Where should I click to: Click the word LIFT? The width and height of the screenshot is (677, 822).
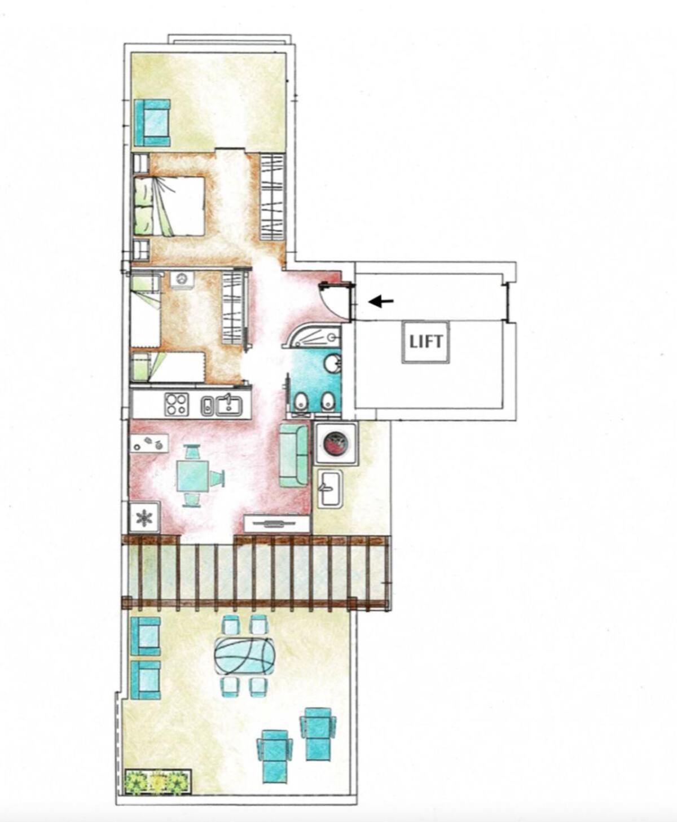[x=426, y=341]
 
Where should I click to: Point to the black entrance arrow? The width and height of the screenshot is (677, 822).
[x=381, y=302]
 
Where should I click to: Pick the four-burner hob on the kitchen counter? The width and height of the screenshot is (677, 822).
[x=177, y=404]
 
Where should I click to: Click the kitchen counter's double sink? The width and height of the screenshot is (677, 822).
[x=222, y=405]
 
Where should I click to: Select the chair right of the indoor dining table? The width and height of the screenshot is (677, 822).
[x=217, y=477]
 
